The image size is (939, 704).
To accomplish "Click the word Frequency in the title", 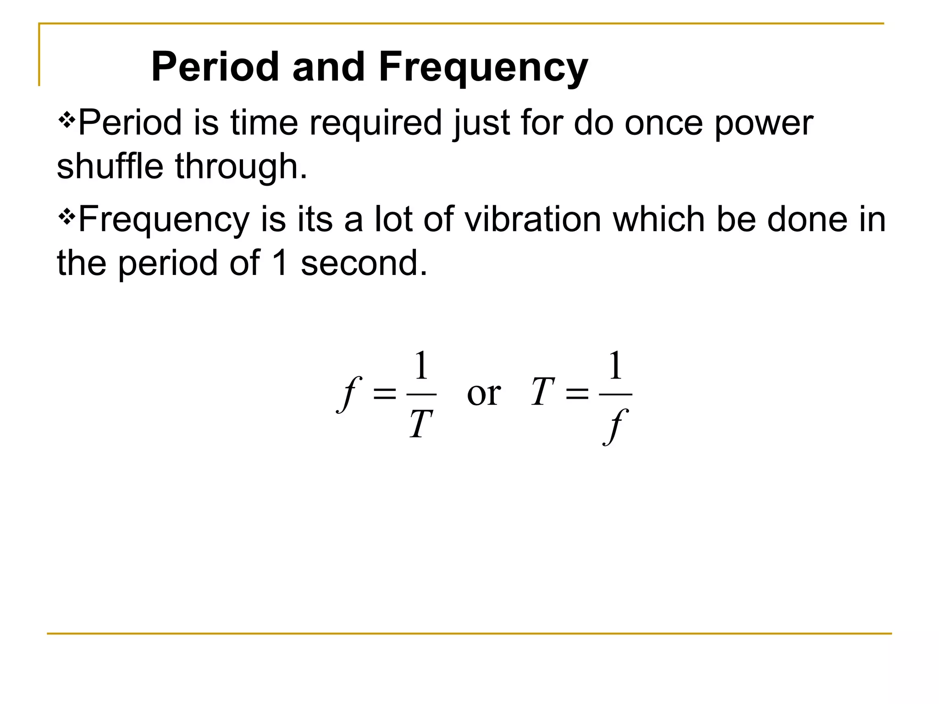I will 483,67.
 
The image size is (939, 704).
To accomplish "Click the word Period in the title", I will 215,67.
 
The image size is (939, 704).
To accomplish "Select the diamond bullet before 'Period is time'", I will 66,121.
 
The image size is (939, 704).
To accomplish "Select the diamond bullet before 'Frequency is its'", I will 66,217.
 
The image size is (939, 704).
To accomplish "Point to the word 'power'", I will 764,124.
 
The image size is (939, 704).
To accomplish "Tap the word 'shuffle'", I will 110,166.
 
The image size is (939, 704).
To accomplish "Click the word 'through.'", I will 241,167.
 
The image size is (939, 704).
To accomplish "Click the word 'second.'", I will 364,263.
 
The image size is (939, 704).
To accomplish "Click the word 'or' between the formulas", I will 484,394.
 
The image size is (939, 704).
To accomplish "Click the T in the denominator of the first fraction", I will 421,424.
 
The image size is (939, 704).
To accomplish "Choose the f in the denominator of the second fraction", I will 615,426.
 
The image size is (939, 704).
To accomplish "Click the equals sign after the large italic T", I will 577,393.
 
